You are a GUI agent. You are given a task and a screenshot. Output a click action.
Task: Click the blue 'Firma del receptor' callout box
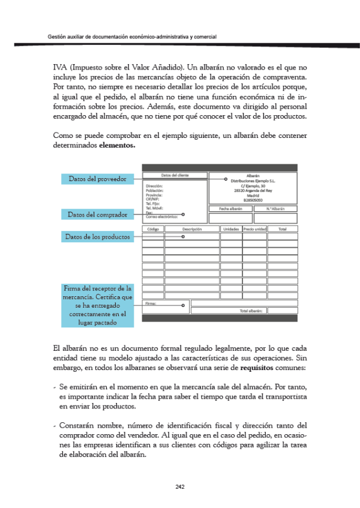[x=97, y=305]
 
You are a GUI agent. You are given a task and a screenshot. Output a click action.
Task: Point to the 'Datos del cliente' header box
[x=173, y=175]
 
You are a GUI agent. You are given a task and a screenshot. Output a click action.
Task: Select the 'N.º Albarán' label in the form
[x=275, y=209]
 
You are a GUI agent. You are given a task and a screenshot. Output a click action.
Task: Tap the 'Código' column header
[x=152, y=229]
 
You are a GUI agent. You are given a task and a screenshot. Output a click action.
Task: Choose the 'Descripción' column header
[x=191, y=229]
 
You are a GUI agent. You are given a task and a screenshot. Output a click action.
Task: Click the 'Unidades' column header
[x=230, y=229]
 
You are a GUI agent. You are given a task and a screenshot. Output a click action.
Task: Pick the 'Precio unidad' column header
[x=254, y=229]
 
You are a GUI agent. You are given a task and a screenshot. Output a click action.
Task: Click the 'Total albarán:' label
[x=251, y=311]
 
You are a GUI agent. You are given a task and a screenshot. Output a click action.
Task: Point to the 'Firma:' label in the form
[x=151, y=304]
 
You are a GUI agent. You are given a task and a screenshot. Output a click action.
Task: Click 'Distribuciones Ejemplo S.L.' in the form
[x=253, y=180]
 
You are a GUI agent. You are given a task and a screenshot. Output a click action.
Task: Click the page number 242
[x=179, y=486]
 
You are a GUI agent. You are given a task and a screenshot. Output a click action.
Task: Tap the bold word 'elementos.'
[x=117, y=145]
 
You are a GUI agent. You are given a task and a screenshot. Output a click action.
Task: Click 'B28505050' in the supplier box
[x=253, y=199]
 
